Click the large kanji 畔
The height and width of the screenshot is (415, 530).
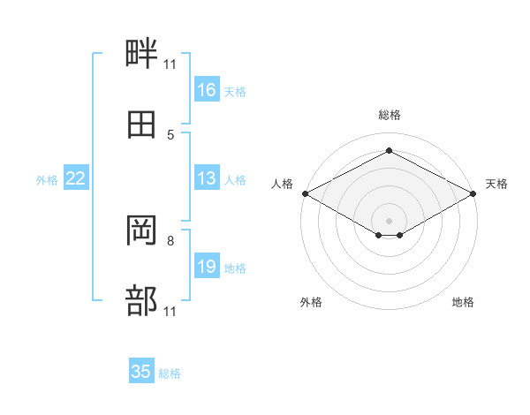coord(141,53)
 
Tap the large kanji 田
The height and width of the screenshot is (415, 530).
coord(141,124)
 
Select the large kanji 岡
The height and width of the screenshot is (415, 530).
coord(141,230)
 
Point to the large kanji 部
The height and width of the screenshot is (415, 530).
coord(141,300)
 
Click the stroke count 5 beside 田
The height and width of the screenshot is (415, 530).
coord(170,135)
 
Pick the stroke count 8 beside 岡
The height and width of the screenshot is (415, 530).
coord(170,241)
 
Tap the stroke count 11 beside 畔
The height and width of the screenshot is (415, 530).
coord(170,64)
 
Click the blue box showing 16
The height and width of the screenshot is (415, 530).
coord(207,89)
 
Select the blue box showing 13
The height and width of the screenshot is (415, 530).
coord(207,177)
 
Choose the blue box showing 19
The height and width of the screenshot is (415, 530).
coord(207,265)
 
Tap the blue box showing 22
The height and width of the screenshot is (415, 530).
coord(76,177)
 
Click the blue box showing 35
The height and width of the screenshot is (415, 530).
coord(141,370)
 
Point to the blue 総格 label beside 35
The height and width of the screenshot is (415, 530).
coord(170,373)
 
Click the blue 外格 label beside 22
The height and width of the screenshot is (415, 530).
coord(47,180)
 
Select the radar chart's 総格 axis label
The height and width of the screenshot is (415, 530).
coord(390,115)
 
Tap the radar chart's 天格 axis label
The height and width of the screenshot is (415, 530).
coord(496,184)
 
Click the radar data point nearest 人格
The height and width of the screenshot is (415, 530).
coord(306,193)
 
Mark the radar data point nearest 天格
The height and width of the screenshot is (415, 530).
coord(473,193)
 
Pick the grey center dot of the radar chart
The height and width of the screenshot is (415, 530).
coord(389,221)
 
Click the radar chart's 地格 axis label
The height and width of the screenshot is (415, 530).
coord(463,302)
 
